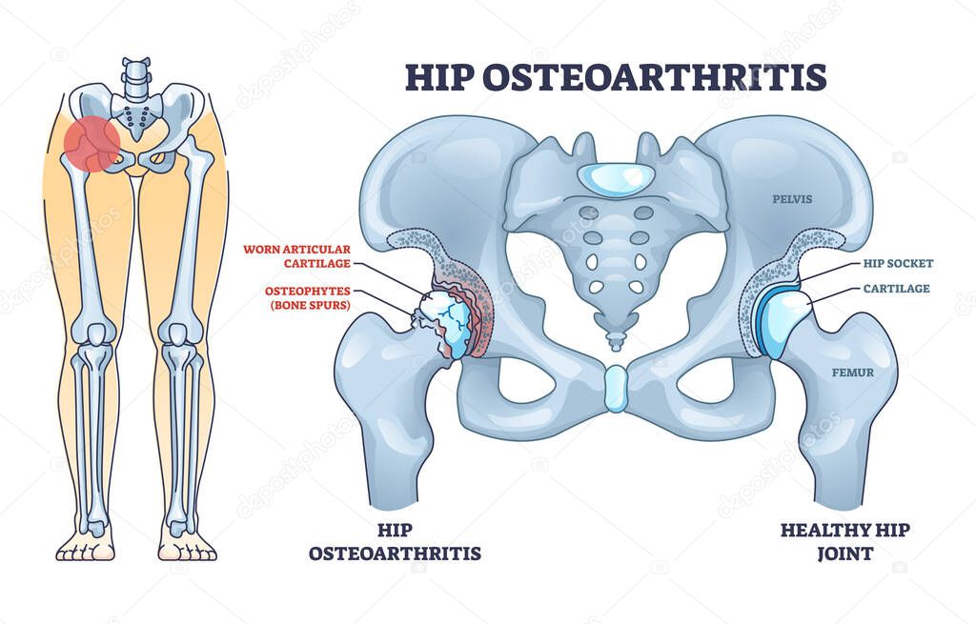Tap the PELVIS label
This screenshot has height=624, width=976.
point(793,200)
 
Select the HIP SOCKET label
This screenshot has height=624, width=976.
point(897,264)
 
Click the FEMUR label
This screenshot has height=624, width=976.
point(852,372)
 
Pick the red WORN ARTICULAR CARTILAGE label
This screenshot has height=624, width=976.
point(297,256)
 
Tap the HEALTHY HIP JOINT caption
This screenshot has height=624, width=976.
point(845,541)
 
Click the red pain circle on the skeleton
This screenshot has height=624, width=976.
point(91,145)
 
